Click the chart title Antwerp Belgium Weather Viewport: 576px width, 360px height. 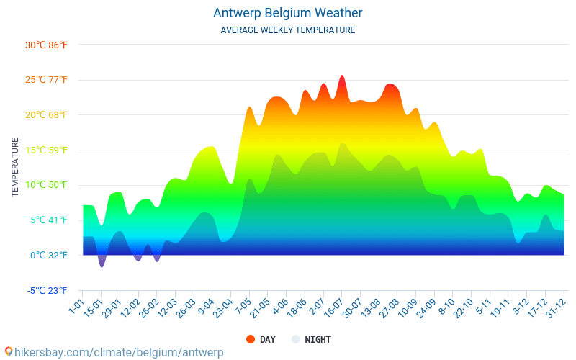(287, 13)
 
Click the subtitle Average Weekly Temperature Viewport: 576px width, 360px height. (287, 30)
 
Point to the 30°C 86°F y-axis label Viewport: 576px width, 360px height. (46, 45)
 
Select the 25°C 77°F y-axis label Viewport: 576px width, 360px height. (46, 80)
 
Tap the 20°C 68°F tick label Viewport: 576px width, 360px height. (46, 115)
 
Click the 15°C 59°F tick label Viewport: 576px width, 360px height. (46, 150)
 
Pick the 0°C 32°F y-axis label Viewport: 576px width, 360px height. (48, 255)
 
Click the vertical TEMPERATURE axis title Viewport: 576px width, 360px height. (15, 168)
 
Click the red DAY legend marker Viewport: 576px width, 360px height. (251, 339)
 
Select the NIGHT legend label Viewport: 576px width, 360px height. (318, 339)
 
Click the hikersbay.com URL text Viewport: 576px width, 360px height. (120, 352)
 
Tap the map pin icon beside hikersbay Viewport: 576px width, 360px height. (9, 352)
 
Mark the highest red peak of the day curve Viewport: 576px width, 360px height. (342, 76)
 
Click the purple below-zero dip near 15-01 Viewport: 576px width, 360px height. (102, 263)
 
